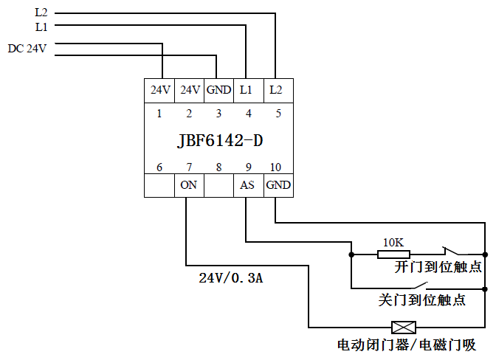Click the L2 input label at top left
[41, 13]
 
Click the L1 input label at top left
[41, 27]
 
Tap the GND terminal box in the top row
[218, 90]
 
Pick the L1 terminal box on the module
[247, 90]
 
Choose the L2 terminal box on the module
[276, 90]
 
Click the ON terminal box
[189, 185]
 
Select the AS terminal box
[247, 185]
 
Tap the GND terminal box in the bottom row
[278, 185]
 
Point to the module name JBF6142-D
[219, 140]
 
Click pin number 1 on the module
[159, 114]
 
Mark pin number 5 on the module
[278, 114]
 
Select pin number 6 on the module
[159, 167]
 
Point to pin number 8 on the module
[218, 167]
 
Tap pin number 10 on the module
[277, 167]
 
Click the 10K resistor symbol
[388, 255]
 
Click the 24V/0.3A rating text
[230, 278]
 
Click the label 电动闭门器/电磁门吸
[406, 345]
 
